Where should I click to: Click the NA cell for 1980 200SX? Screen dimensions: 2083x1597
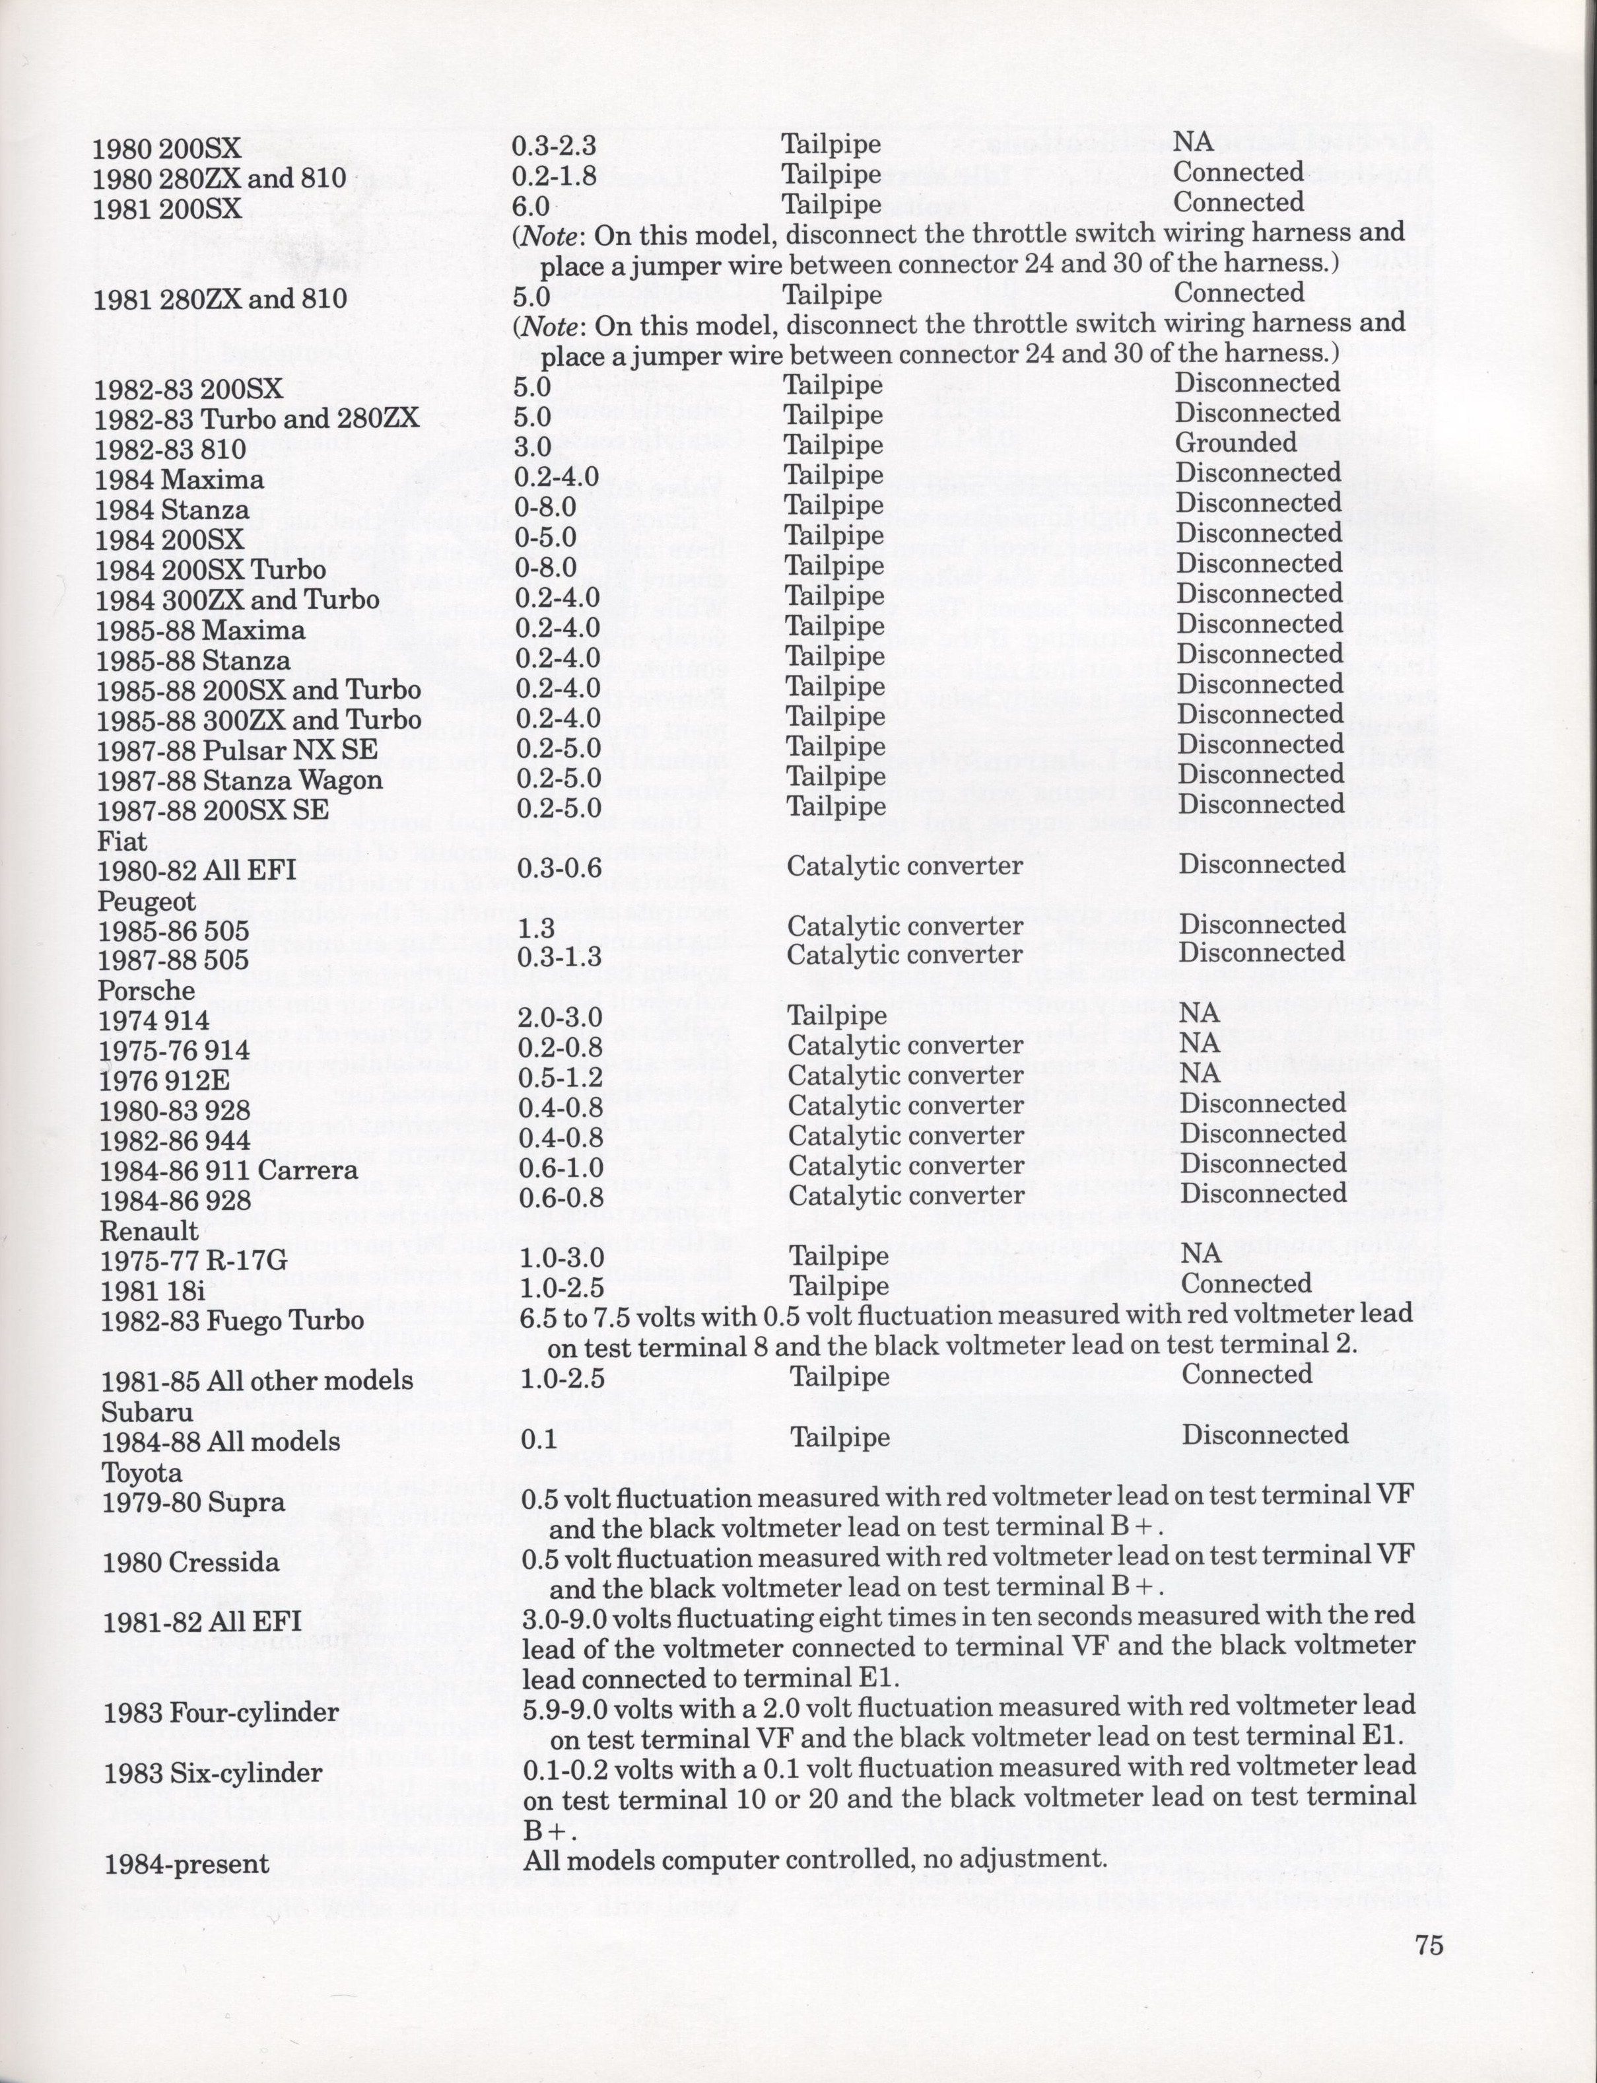[x=1193, y=141]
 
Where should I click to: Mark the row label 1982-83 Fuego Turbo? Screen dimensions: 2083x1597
[x=232, y=1321]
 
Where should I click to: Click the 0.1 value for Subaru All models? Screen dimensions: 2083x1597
[x=538, y=1438]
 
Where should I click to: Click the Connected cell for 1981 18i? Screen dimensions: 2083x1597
[x=1245, y=1283]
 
